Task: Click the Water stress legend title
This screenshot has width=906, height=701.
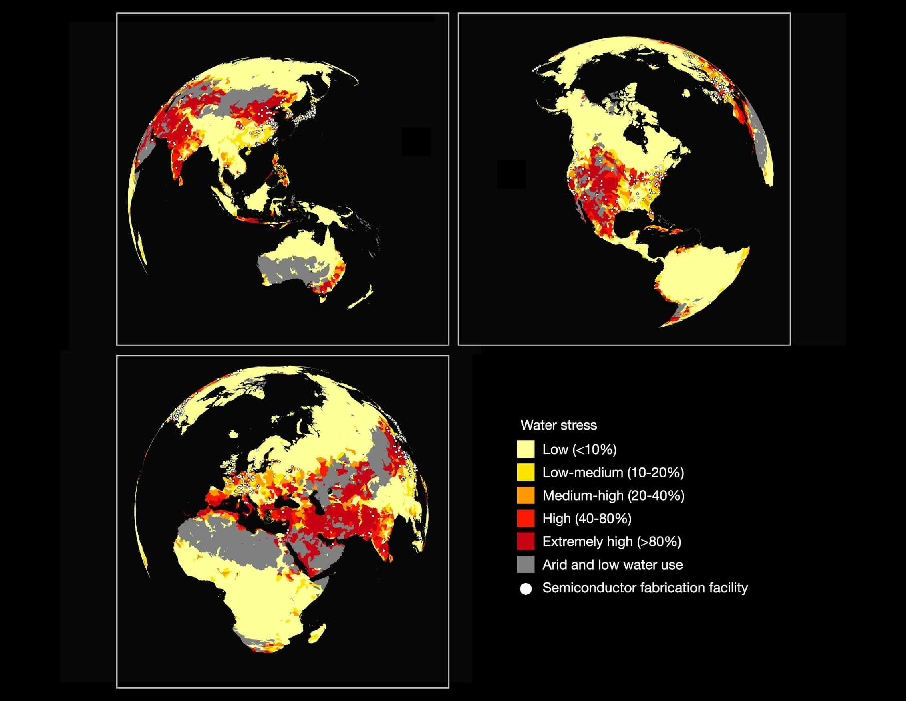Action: (558, 425)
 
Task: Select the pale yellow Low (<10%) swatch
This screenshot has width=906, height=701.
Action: (525, 449)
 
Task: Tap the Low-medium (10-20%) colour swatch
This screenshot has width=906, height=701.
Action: (525, 472)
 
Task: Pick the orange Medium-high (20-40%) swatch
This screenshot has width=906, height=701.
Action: (525, 495)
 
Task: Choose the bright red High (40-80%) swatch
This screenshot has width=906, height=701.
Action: (525, 518)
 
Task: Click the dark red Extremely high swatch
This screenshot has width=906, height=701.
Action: (525, 541)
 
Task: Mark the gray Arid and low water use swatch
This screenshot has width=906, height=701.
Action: (525, 564)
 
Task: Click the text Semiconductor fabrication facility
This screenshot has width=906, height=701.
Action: (645, 588)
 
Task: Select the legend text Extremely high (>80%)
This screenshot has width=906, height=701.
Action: (612, 541)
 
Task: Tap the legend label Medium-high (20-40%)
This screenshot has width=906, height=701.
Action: (613, 495)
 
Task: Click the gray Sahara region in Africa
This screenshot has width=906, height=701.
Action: (232, 539)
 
